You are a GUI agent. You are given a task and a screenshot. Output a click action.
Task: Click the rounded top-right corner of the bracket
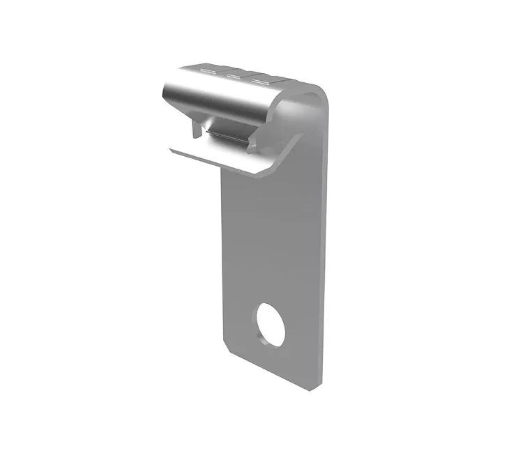click(319, 91)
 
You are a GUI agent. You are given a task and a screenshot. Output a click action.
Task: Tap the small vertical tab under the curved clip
click(197, 128)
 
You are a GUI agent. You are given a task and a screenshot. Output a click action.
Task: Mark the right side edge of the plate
click(324, 244)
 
